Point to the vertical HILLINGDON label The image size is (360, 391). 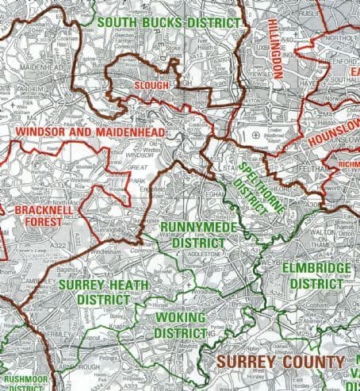[x=275, y=48]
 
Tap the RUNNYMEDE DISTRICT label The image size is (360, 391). [x=193, y=235]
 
